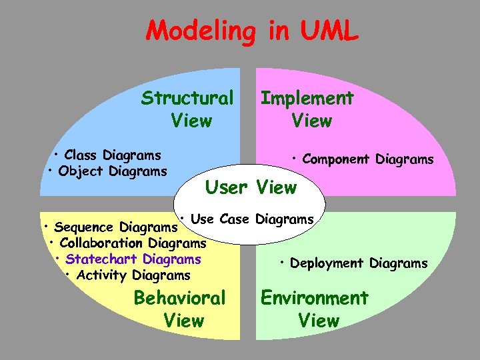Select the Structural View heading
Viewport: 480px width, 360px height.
point(187,109)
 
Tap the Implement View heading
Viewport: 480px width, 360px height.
point(307,109)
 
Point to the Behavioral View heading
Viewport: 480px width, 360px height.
point(180,309)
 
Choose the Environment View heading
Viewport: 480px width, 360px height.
point(314,309)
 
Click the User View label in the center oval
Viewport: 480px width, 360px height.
point(250,188)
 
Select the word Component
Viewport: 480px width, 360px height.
point(337,159)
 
